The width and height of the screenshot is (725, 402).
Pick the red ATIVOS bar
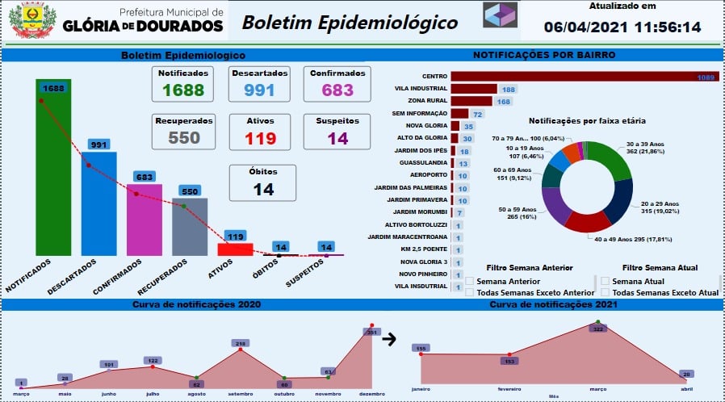(236, 249)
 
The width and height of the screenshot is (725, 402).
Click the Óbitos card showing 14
(263, 182)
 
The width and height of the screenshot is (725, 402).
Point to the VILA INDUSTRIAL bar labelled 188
(474, 89)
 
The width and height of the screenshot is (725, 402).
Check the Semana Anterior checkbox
(470, 281)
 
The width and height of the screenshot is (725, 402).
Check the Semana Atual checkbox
(605, 281)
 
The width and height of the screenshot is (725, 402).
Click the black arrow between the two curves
(389, 339)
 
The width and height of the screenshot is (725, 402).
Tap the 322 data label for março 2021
(597, 329)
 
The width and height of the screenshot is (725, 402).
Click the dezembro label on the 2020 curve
(371, 394)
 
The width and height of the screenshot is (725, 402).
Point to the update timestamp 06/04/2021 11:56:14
(634, 27)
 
